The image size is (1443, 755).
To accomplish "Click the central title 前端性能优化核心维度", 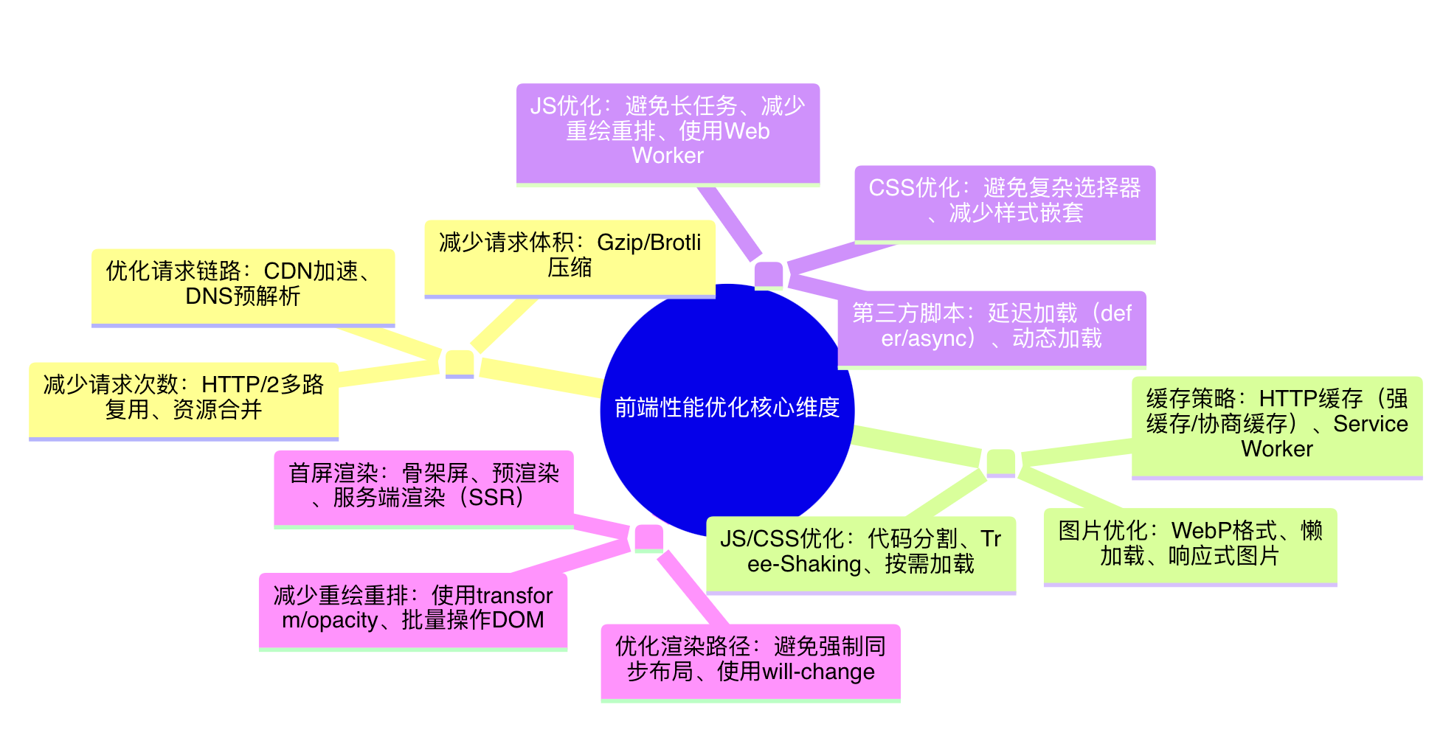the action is [x=727, y=408].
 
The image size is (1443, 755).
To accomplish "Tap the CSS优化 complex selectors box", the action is [x=1005, y=202].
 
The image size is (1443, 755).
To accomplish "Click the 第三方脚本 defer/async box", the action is [x=992, y=327].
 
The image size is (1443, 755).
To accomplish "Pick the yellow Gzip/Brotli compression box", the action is [x=570, y=257].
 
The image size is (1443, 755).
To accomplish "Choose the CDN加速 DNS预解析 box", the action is [x=243, y=285].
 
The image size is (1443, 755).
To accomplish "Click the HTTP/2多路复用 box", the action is [x=184, y=399].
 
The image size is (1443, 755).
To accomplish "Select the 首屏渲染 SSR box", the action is [x=423, y=487].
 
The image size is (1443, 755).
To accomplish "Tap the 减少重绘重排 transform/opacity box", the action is [x=413, y=609].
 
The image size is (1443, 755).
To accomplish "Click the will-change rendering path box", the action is [x=750, y=661].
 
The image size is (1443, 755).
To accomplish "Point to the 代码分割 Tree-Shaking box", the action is [x=861, y=553].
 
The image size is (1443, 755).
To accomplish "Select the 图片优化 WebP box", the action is [x=1190, y=545].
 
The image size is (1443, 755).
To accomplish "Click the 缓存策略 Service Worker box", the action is [x=1277, y=425].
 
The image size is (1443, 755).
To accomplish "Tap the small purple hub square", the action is [x=769, y=275].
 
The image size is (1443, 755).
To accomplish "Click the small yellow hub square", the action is [x=460, y=363].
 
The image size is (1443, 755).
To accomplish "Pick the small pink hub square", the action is [x=649, y=537].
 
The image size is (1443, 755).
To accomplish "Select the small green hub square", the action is [x=1001, y=462].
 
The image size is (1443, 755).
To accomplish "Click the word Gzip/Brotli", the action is [x=648, y=243].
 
